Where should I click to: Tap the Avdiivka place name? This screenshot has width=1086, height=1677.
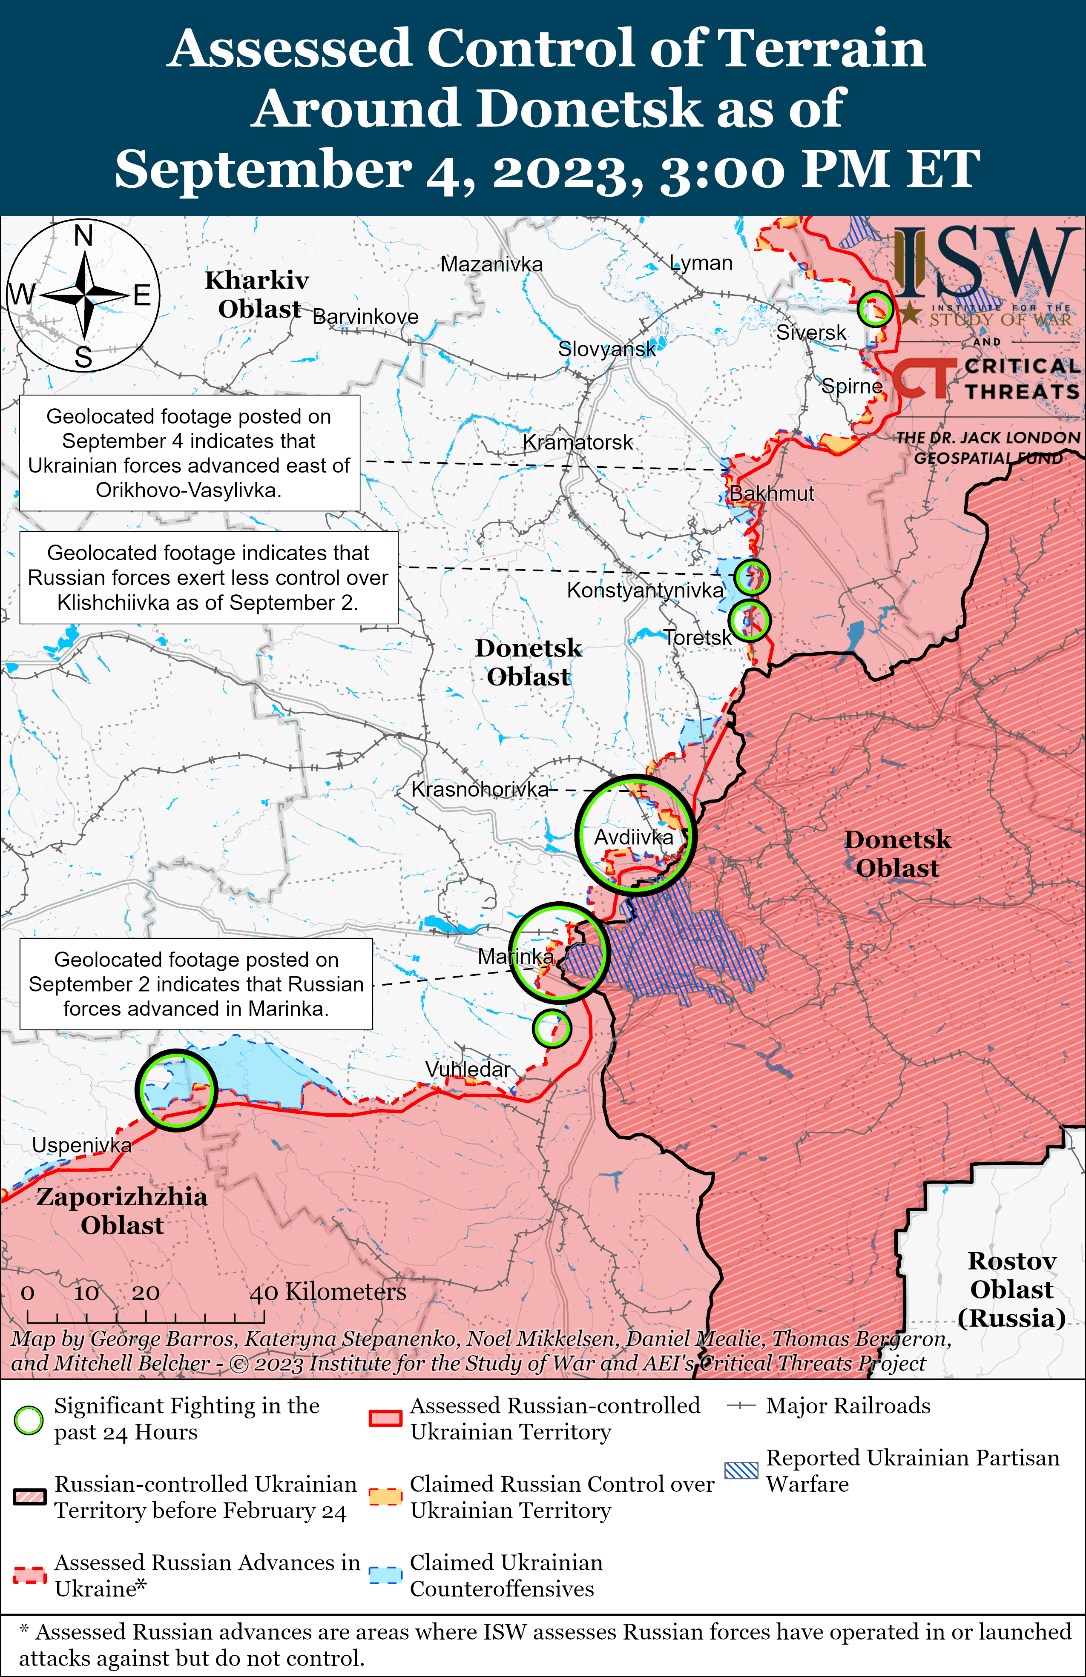[634, 837]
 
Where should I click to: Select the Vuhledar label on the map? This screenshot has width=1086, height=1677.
[467, 1069]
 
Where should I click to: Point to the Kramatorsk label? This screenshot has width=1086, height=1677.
[578, 442]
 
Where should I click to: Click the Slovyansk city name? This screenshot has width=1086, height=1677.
[606, 348]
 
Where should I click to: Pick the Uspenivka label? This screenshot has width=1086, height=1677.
[82, 1145]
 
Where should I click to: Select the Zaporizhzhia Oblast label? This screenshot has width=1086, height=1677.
[122, 1210]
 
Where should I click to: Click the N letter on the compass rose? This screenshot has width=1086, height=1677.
[83, 235]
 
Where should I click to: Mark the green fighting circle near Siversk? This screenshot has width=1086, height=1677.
[875, 309]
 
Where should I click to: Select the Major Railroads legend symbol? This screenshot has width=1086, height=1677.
[741, 1406]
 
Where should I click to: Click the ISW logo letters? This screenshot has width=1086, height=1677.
[987, 262]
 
